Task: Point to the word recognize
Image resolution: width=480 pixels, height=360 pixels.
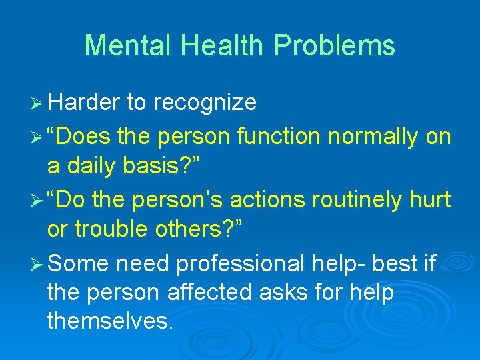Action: (x=205, y=103)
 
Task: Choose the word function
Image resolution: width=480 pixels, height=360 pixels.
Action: (x=279, y=137)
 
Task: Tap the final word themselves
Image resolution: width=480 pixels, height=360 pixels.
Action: (x=110, y=321)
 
